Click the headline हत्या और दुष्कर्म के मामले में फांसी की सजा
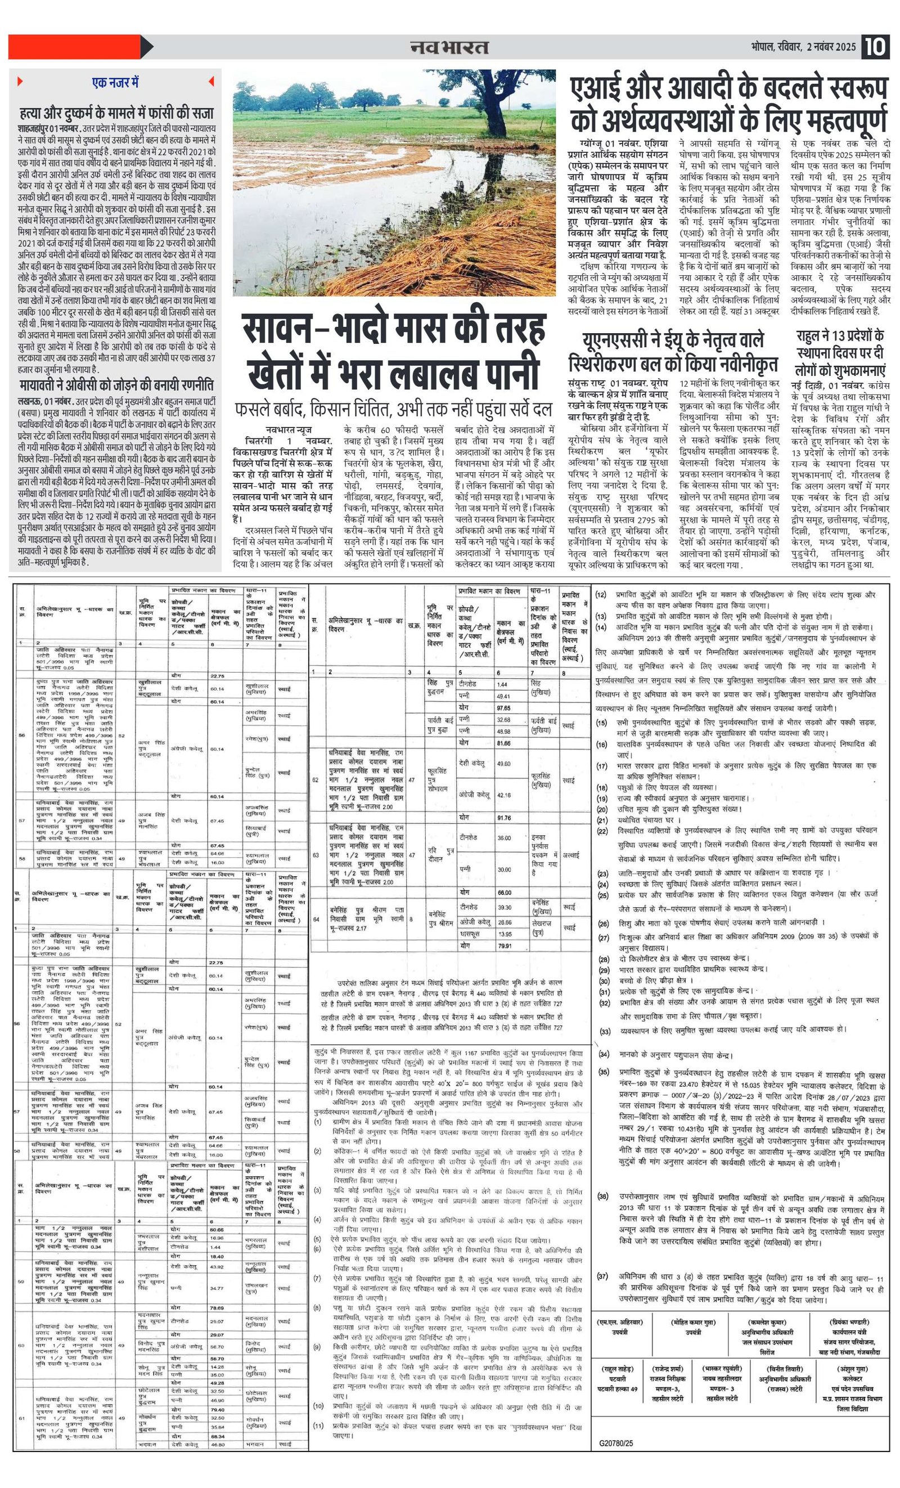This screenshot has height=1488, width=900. pos(115,113)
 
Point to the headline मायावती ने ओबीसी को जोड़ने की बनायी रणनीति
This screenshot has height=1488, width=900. pos(115,386)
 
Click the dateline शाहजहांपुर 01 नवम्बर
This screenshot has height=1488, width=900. pos(46,129)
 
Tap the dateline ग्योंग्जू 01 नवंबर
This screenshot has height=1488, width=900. pos(604,145)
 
